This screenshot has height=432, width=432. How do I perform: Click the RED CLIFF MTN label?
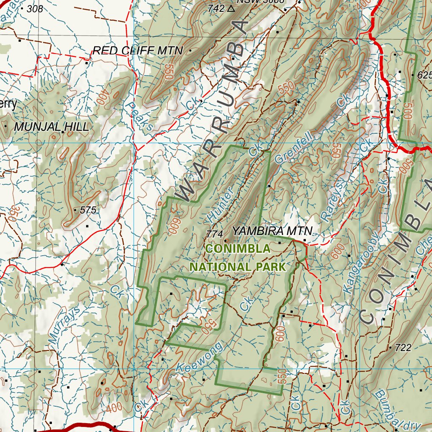point(138,51)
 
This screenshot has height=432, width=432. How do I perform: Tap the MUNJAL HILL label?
point(51,127)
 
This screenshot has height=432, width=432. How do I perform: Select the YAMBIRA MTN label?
point(272,231)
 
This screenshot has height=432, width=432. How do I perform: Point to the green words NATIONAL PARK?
point(238,267)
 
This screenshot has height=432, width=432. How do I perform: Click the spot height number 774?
point(215,233)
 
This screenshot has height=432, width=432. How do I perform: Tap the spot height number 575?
point(88,210)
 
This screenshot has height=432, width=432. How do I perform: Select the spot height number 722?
point(403,348)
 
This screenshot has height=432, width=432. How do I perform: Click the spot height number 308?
point(35,8)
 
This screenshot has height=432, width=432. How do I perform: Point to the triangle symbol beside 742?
point(230,8)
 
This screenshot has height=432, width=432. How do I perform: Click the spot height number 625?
point(424,75)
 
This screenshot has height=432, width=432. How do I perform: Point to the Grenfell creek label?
point(294,148)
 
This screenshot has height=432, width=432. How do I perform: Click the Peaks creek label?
point(139,116)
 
